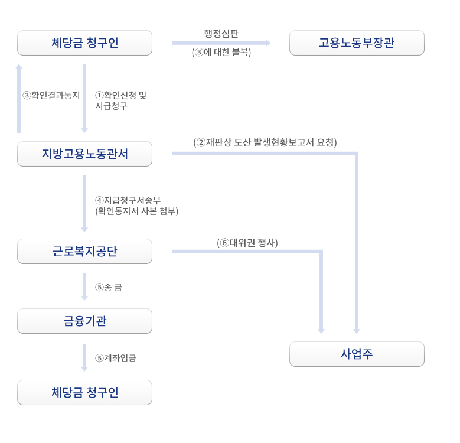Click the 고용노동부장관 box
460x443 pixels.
[357, 43]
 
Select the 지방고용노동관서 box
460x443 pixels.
[85, 154]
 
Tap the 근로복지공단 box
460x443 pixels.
[85, 252]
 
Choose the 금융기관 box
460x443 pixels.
[85, 321]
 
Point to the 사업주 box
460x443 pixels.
[357, 354]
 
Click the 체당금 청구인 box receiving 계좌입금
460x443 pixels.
[85, 393]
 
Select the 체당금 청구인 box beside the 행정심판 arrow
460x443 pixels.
[85, 43]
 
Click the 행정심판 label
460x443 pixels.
[221, 34]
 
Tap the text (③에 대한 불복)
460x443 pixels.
[221, 52]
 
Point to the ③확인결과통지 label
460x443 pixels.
[51, 95]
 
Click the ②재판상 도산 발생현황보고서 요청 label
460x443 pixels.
[265, 142]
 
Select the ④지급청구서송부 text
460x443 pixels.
[128, 200]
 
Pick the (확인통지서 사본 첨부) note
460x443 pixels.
[137, 211]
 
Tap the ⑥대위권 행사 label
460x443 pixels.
[247, 243]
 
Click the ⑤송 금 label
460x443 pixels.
[109, 287]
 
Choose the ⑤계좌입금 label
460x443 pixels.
[116, 358]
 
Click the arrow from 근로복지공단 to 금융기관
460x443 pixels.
[84, 286]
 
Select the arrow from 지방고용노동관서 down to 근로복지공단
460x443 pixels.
[84, 203]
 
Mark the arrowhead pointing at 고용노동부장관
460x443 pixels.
[268, 43]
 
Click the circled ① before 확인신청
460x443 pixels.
[99, 95]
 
